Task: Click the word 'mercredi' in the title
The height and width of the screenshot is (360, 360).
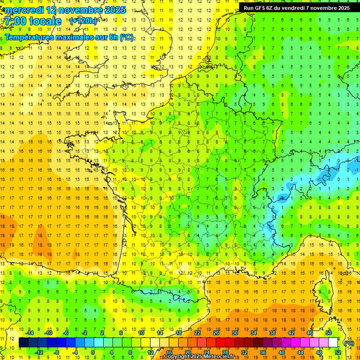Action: pos(24,10)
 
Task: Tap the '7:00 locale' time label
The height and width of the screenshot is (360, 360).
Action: pos(32,21)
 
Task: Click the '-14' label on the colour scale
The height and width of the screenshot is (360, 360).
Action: pos(29,333)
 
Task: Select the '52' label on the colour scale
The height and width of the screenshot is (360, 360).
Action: pos(337,352)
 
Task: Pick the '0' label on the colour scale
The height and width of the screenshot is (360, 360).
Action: pos(93,352)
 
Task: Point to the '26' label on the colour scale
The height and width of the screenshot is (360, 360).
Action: pos(216,333)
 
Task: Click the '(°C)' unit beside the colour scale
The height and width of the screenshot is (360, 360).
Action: pos(349,343)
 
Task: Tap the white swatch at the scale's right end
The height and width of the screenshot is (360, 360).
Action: pos(333,343)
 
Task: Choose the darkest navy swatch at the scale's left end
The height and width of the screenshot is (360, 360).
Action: pos(23,343)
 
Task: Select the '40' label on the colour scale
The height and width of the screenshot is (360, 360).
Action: pos(281,352)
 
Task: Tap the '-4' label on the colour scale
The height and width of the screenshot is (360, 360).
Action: pos(74,352)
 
